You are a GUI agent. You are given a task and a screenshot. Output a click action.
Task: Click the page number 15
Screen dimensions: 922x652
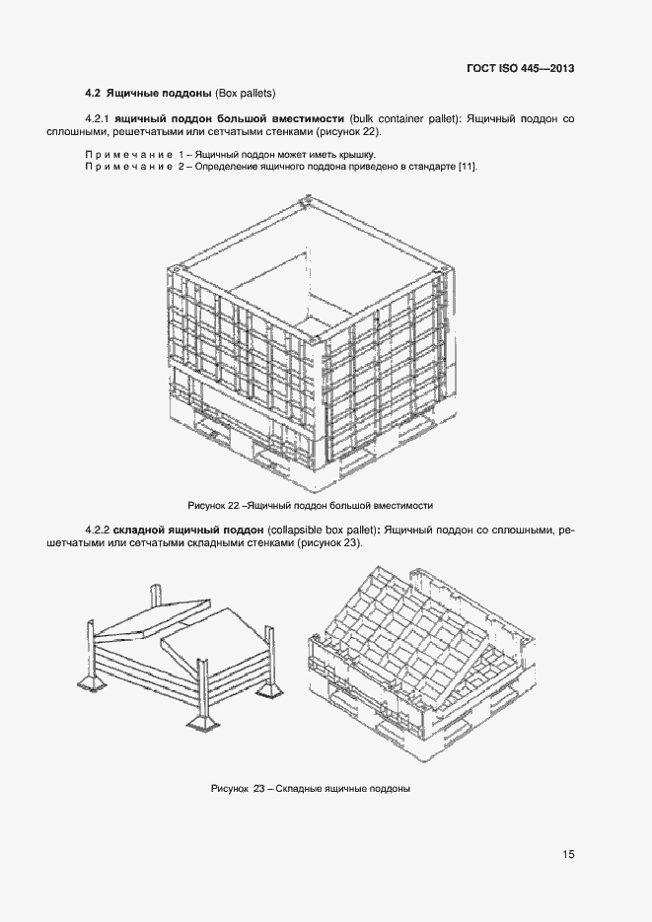pos(568,854)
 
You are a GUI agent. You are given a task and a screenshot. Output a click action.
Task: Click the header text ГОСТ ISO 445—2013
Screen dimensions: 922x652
pos(521,69)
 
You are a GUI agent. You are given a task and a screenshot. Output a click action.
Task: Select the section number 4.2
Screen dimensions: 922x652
pos(94,94)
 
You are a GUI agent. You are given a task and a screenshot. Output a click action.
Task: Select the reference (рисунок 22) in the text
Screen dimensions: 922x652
pos(346,131)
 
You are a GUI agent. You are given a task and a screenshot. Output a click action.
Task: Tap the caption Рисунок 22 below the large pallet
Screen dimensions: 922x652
pos(311,505)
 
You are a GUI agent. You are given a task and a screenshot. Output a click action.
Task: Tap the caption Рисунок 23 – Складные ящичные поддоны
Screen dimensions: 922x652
pos(310,789)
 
